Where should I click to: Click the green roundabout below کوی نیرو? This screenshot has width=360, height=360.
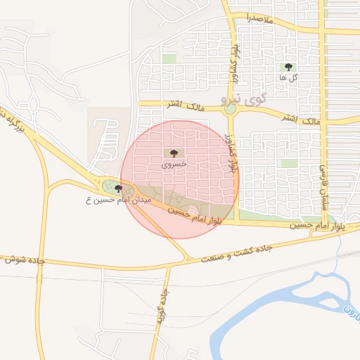230,109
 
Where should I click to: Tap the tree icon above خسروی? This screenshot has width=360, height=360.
172,153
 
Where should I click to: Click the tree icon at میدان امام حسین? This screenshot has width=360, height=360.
118,188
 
